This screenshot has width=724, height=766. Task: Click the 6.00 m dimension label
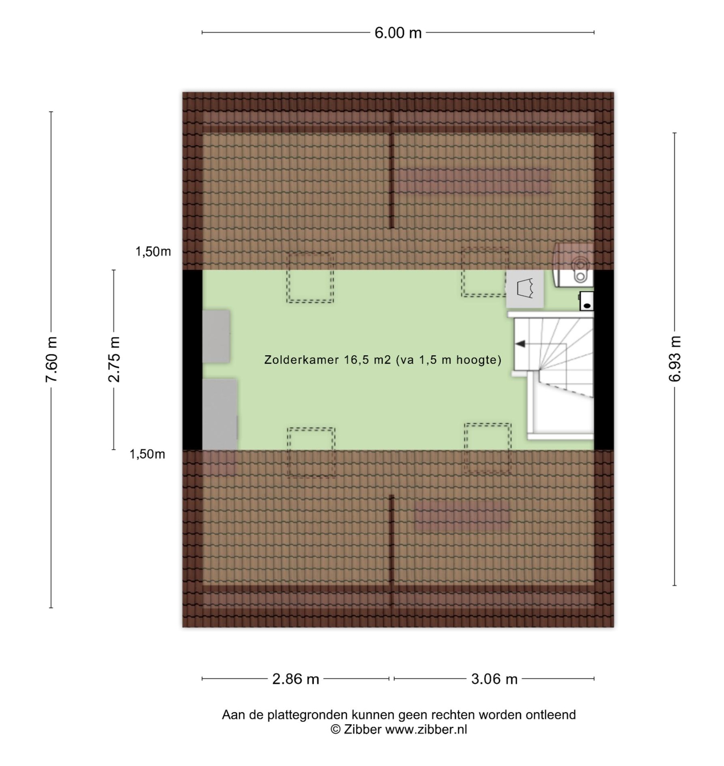tap(398, 33)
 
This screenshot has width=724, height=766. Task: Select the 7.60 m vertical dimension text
tap(52, 359)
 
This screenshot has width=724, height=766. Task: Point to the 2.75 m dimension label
tap(114, 359)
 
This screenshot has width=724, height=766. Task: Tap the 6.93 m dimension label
tap(675, 359)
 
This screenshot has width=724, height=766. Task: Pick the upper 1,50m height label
tap(153, 252)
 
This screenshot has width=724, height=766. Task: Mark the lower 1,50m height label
tap(147, 454)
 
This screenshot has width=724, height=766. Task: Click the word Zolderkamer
tap(301, 360)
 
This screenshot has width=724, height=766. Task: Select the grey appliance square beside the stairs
tap(525, 289)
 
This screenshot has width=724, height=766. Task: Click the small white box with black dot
tap(587, 301)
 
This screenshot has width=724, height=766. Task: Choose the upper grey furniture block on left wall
tap(216, 337)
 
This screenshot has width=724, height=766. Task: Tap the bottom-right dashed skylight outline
tap(488, 448)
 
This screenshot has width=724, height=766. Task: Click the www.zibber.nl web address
tap(426, 730)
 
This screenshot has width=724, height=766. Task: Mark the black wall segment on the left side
tap(192, 360)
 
